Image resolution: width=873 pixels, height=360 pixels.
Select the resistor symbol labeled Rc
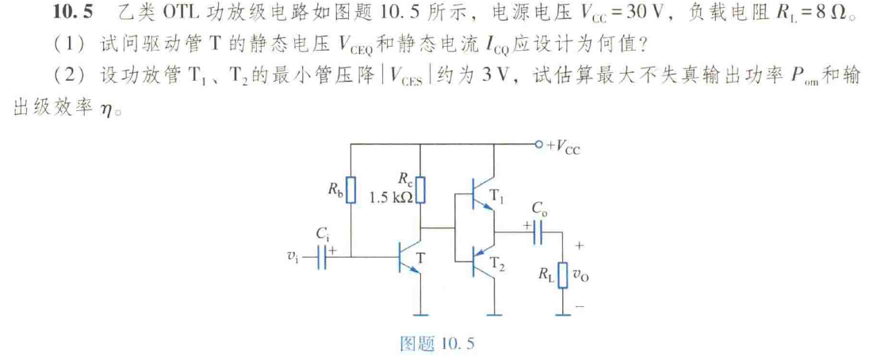pyautogui.click(x=421, y=191)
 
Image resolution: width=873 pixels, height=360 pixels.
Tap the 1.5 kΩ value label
pyautogui.click(x=391, y=198)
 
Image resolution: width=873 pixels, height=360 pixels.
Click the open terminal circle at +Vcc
pyautogui.click(x=540, y=145)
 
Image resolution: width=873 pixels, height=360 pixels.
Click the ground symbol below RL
pyautogui.click(x=563, y=312)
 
